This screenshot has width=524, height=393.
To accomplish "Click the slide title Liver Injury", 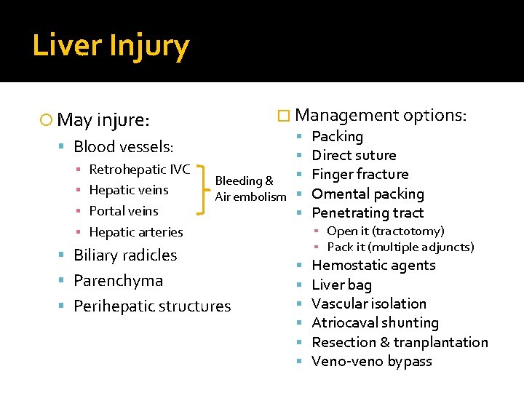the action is pos(111,46).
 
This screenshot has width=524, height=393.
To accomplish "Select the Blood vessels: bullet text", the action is pos(123,146).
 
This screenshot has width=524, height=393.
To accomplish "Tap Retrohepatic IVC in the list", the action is pos(139,170).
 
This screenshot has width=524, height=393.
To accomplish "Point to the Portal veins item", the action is pos(124,211).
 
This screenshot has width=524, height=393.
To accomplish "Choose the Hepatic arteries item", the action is pos(135,232).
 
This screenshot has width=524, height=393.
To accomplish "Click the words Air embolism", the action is pos(250,197).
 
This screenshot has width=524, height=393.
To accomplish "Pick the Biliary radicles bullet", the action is pos(125,255).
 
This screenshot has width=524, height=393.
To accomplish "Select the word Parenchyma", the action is pos(118,280).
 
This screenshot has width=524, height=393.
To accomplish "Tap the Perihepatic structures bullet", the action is pos(152,306).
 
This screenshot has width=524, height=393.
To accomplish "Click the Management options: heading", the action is pos(381,115).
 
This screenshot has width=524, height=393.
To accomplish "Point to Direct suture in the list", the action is pos(354,155).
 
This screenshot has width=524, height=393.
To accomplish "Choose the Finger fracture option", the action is pos(360,174).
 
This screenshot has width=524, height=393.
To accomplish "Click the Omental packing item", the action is pos(368,194).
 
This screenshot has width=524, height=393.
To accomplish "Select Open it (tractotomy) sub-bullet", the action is pos(385,231).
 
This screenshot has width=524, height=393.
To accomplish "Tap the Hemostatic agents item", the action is pos(373,266).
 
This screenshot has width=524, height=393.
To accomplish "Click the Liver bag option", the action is pos(341,285).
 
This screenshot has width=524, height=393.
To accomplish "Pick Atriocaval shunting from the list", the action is pos(375,322).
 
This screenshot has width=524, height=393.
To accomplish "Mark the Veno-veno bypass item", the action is pos(371,361).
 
